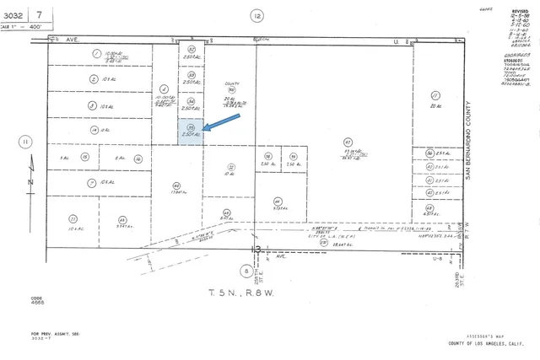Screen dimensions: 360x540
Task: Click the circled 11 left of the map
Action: click(x=26, y=141)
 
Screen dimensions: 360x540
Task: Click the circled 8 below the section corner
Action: click(x=245, y=270)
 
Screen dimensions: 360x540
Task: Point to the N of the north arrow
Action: click(x=29, y=181)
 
